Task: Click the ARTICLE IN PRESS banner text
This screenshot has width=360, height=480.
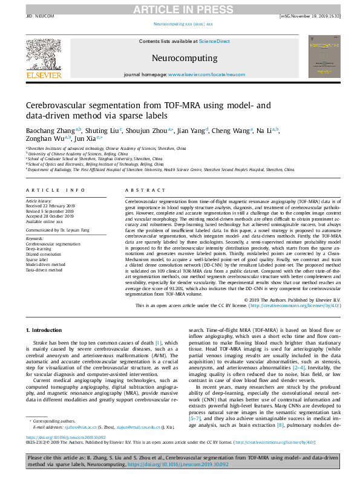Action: [x=180, y=8]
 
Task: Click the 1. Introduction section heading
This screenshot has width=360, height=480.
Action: [x=45, y=330]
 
